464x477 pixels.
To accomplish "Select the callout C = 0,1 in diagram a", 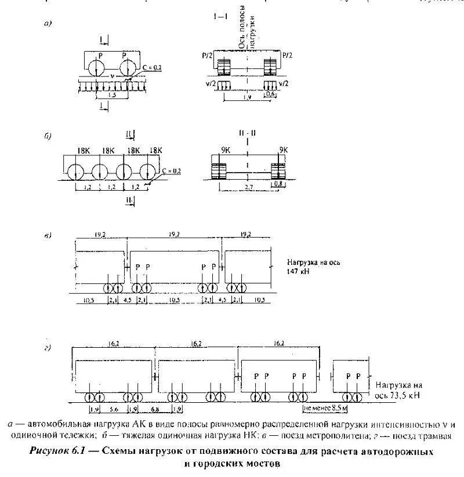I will tap(151, 68).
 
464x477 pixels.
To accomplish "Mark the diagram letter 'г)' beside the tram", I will tap(48, 348).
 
